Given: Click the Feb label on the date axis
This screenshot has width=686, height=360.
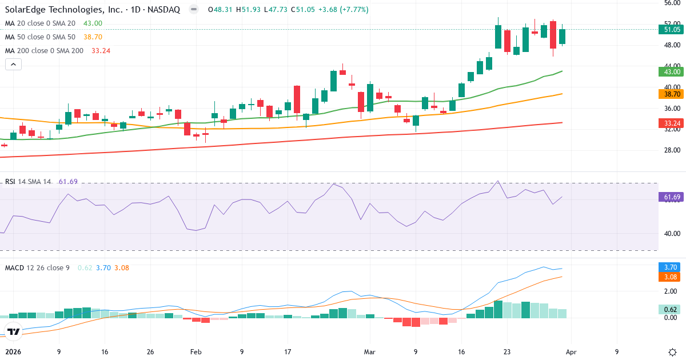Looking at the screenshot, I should point(196,352).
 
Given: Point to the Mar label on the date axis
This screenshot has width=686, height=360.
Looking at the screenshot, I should point(369,352).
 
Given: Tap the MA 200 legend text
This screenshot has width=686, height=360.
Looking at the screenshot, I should point(44,50).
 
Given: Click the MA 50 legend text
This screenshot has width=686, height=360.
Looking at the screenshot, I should point(40,37).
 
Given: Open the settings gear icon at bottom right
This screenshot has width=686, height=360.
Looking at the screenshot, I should point(672,352).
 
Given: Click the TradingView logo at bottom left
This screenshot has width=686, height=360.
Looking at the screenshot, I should point(14,331).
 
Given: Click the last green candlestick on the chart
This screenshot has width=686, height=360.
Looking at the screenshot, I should point(563,37).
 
